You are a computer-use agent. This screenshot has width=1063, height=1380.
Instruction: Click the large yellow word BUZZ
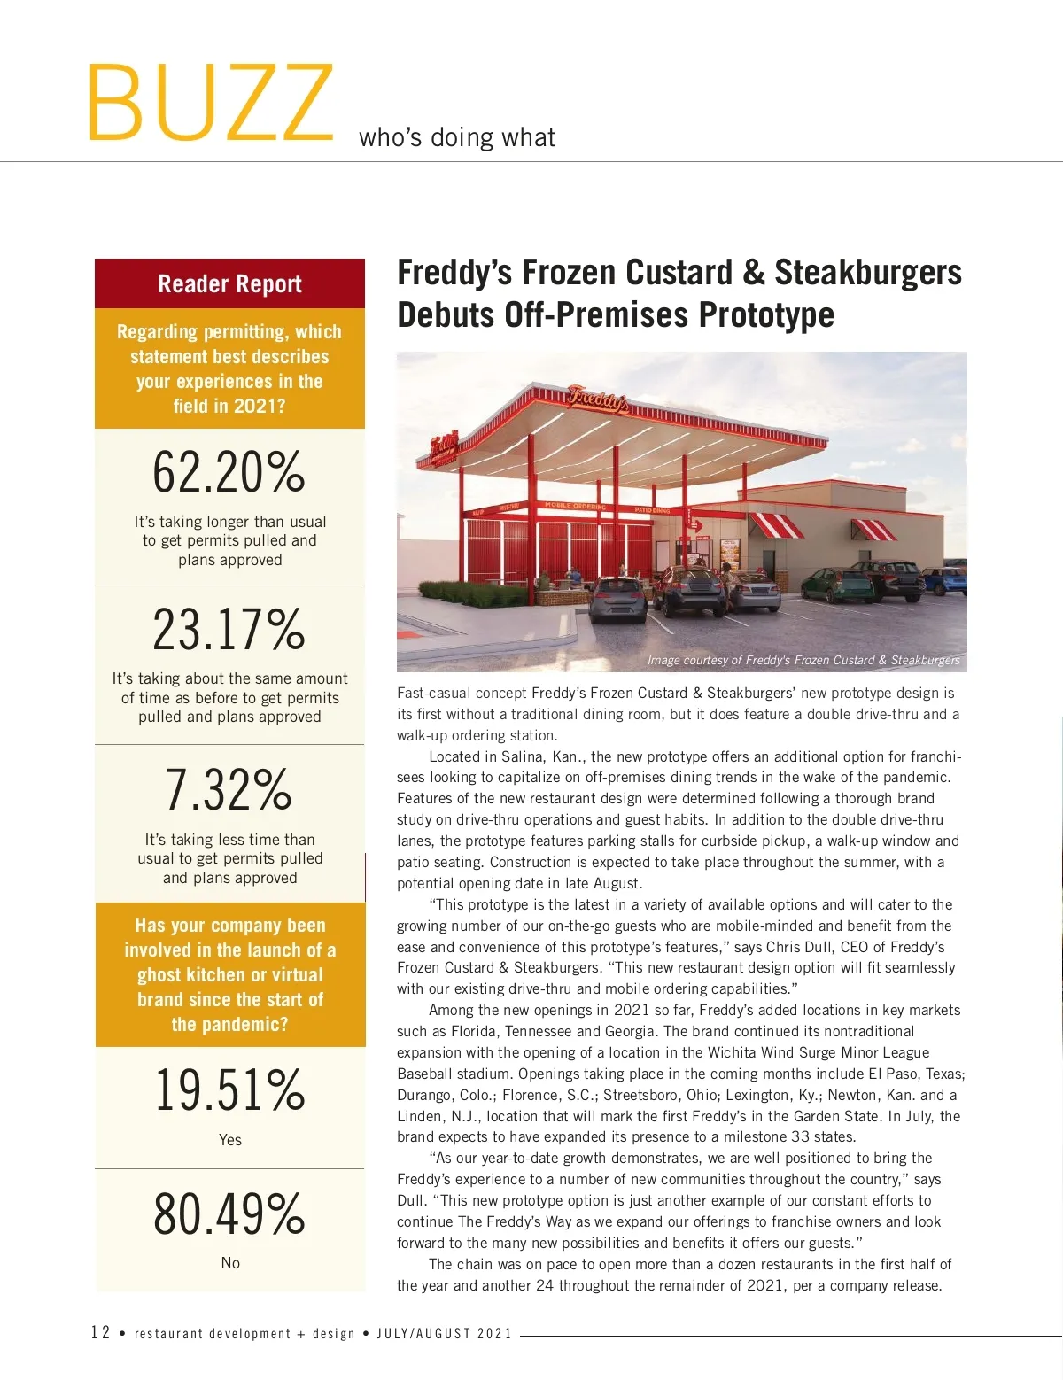click(210, 104)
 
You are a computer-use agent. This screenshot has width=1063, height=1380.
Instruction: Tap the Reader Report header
click(229, 283)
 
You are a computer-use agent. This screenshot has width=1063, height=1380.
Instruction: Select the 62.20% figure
click(229, 472)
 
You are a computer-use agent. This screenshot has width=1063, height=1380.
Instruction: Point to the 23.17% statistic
click(229, 630)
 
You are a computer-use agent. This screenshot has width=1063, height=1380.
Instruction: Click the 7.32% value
click(229, 789)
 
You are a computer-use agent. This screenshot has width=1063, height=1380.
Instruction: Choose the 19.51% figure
click(229, 1090)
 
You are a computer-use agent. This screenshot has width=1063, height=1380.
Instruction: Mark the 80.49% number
click(229, 1213)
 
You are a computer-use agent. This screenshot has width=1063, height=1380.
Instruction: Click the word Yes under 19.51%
click(229, 1140)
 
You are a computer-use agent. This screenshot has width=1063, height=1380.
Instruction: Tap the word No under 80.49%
click(230, 1263)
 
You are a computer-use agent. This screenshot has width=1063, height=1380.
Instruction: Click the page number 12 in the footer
click(100, 1332)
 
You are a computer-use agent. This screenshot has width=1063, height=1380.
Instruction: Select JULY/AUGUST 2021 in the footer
click(445, 1334)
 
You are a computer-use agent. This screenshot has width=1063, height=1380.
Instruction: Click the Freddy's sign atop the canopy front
click(599, 399)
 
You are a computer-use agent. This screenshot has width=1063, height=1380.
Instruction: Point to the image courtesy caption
click(803, 660)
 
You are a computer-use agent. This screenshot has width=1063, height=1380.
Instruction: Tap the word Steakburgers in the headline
click(867, 273)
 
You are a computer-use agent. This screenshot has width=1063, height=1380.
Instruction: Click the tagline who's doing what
click(457, 137)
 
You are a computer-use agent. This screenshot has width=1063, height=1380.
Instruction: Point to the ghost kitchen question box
click(229, 974)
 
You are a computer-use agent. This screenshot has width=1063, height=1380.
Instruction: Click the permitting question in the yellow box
click(229, 368)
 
